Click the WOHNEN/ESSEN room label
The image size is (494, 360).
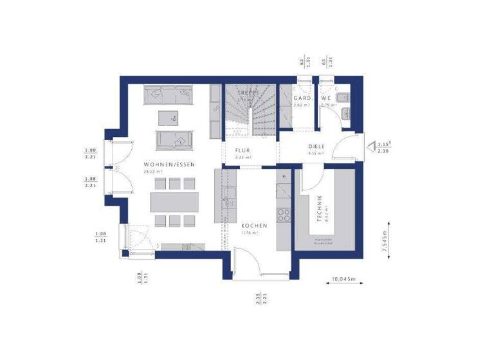coord(170,165)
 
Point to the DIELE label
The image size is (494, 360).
coord(316,146)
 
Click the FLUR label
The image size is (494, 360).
coord(242,150)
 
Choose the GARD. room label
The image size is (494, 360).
coord(302,98)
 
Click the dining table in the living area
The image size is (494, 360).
coord(174,202)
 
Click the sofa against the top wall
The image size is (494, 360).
coord(172,95)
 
